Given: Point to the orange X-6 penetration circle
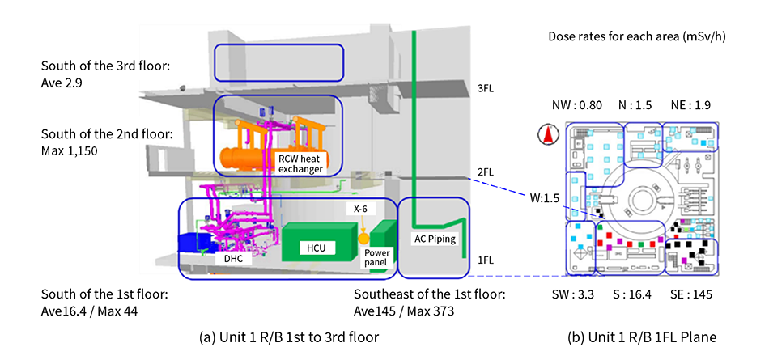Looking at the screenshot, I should pyautogui.click(x=364, y=239).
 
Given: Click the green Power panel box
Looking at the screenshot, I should pyautogui.click(x=378, y=256).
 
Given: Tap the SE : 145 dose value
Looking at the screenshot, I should pyautogui.click(x=692, y=294).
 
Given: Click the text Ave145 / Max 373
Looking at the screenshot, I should pyautogui.click(x=401, y=310).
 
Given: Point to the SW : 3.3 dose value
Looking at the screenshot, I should pyautogui.click(x=579, y=294).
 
